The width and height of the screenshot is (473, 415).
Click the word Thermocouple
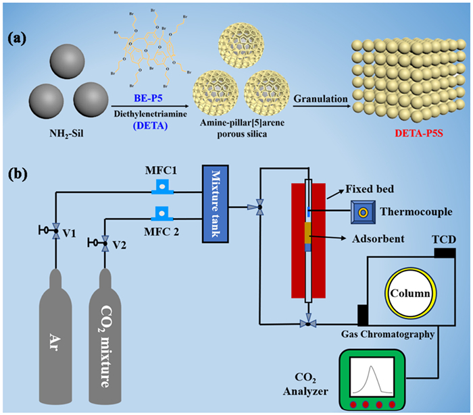[x=417, y=212]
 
